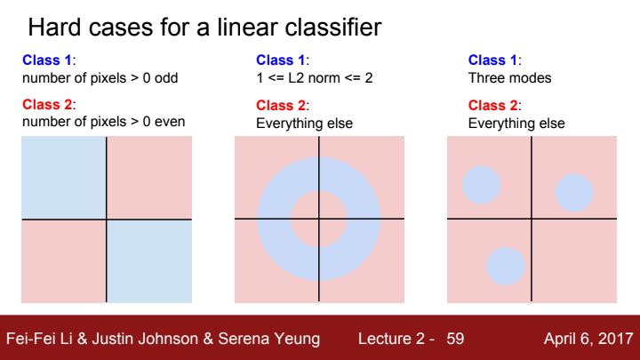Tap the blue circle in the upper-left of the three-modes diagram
pyautogui.click(x=481, y=185)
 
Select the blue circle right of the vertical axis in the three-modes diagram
pyautogui.click(x=574, y=192)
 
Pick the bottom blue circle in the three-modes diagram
pyautogui.click(x=506, y=266)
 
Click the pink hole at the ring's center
pyautogui.click(x=319, y=219)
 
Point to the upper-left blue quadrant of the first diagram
pyautogui.click(x=64, y=177)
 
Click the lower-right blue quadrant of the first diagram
pyautogui.click(x=149, y=260)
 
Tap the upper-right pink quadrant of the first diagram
pyautogui.click(x=149, y=177)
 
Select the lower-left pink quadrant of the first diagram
pyautogui.click(x=64, y=260)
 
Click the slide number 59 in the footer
pyautogui.click(x=455, y=339)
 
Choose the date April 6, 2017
pyautogui.click(x=588, y=339)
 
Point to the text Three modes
pyautogui.click(x=509, y=78)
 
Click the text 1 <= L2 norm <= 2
pyautogui.click(x=314, y=78)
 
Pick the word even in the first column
pyautogui.click(x=169, y=122)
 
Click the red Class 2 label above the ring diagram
pyautogui.click(x=281, y=106)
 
